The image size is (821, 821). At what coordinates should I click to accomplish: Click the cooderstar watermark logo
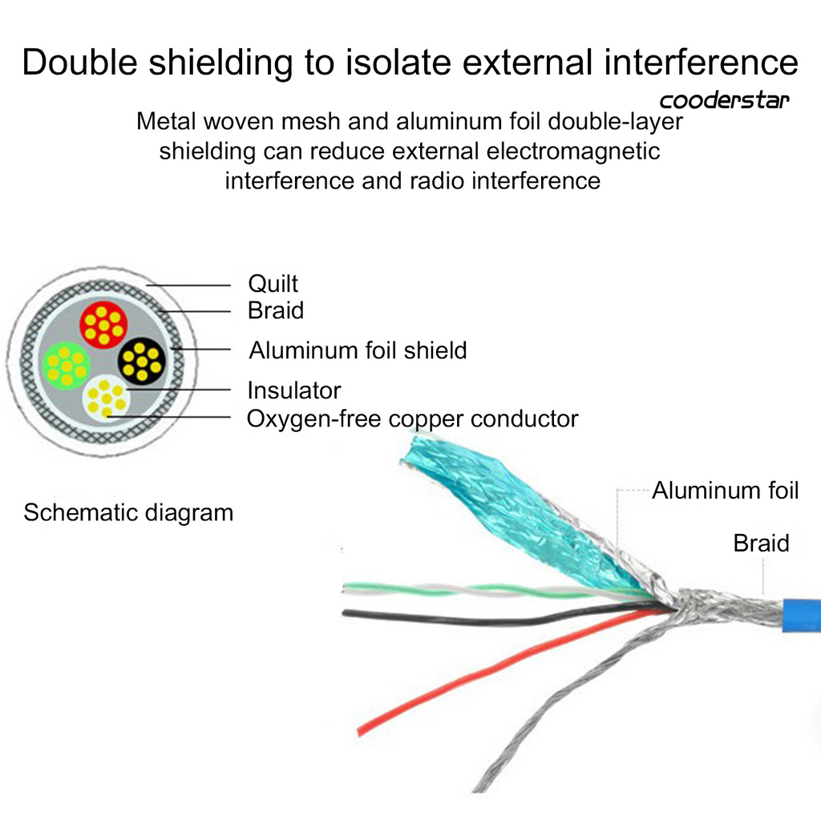(x=724, y=101)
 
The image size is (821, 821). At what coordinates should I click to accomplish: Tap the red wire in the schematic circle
(x=103, y=325)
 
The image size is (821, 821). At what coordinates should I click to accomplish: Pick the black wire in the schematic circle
(x=142, y=361)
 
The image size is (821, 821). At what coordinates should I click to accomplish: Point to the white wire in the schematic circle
(x=106, y=396)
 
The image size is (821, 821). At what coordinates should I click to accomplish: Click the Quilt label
(x=273, y=284)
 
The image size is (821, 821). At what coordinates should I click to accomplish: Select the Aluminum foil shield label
(x=358, y=350)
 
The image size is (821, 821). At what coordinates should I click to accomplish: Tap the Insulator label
(x=293, y=390)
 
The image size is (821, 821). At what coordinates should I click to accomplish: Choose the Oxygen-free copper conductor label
(x=412, y=419)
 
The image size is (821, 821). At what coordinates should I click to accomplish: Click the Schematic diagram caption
(x=128, y=512)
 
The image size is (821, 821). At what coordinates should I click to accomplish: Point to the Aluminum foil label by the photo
(x=725, y=491)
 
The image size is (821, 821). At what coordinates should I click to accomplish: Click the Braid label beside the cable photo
(x=761, y=543)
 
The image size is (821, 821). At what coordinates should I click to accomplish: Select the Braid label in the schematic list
(x=276, y=310)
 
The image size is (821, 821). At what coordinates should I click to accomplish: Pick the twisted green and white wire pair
(x=481, y=590)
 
